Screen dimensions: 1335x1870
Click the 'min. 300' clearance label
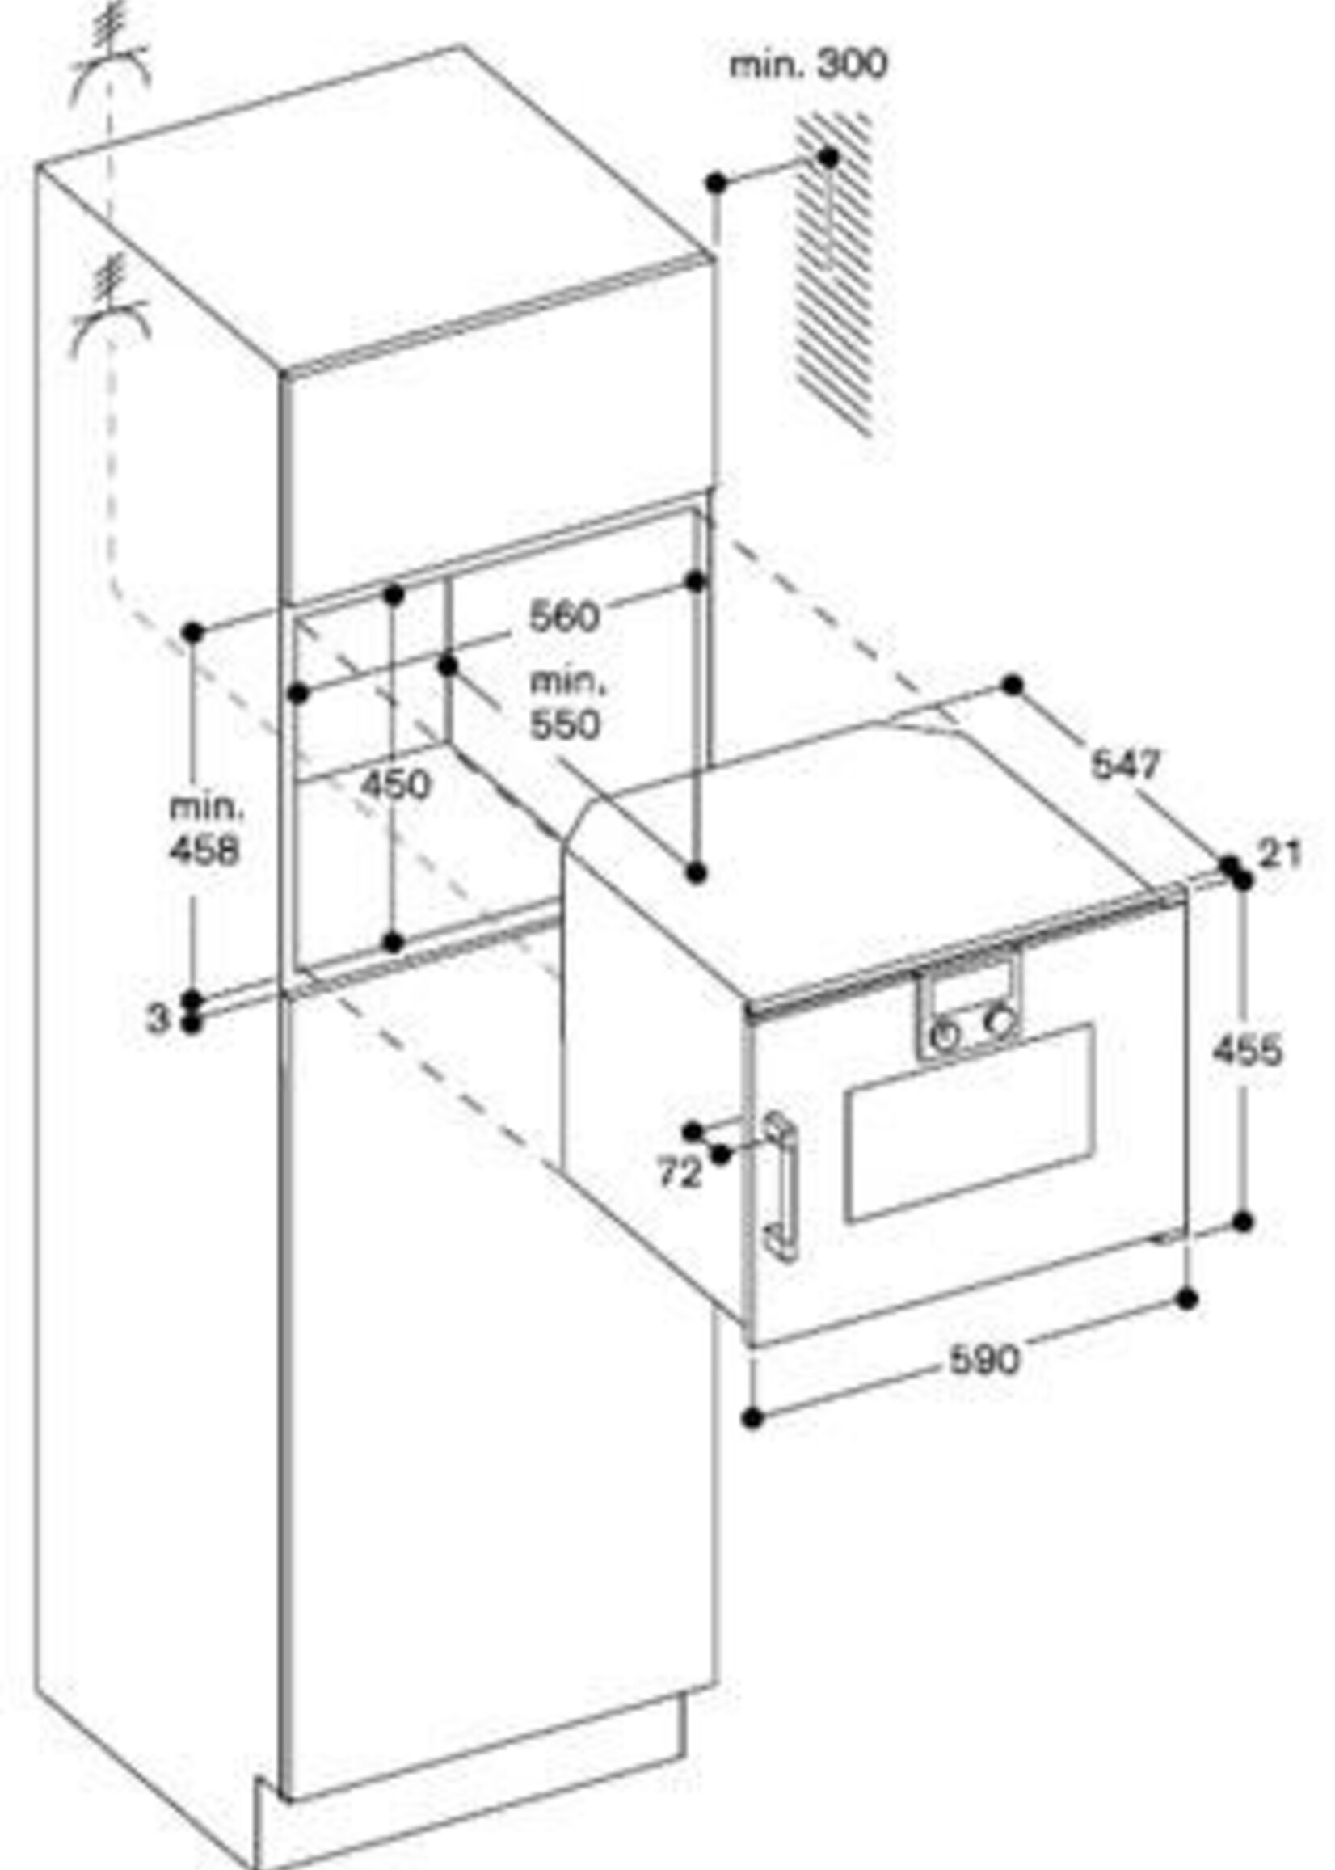click(x=808, y=64)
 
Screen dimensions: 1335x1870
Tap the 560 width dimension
click(x=564, y=616)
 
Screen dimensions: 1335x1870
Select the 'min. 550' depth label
click(x=565, y=704)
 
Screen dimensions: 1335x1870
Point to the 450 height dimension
click(x=395, y=784)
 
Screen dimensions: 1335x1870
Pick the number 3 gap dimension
click(x=156, y=1019)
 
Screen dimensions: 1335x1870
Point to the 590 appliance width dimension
click(x=984, y=1359)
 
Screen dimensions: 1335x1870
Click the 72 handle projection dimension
click(x=680, y=1172)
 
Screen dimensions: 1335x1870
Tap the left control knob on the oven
click(x=946, y=1034)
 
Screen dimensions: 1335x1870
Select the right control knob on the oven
click(x=1000, y=1021)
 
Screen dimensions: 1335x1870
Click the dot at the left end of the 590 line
click(x=752, y=1417)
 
